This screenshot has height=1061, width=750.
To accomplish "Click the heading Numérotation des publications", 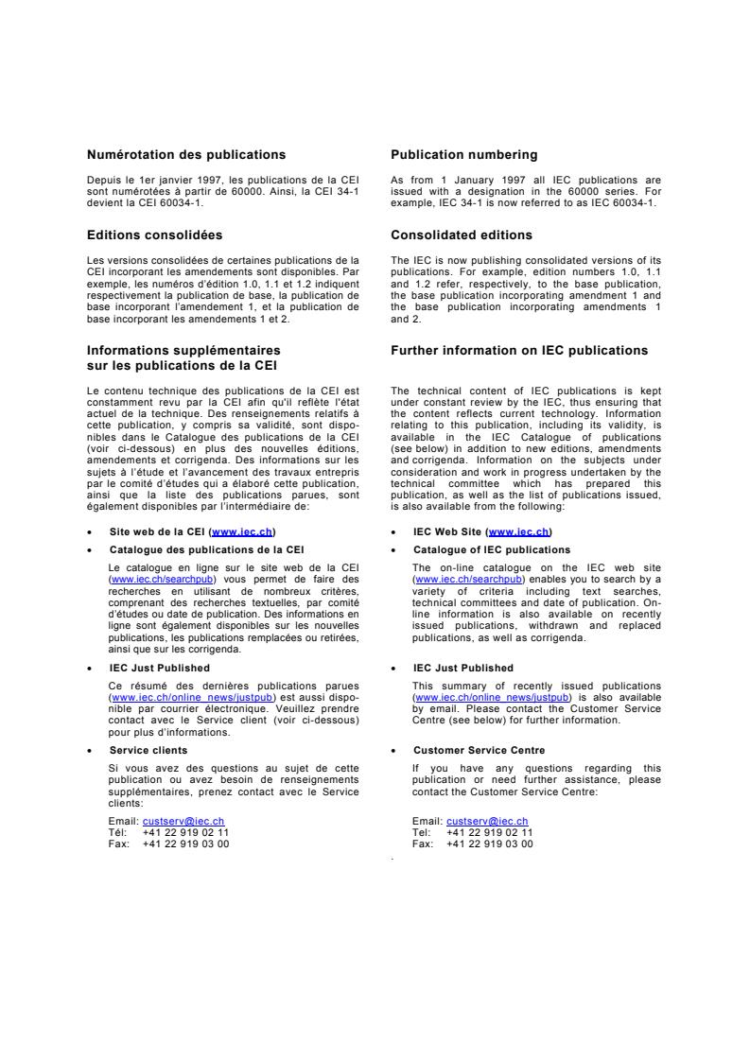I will [x=186, y=155].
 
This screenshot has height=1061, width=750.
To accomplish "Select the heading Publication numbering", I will [x=463, y=155].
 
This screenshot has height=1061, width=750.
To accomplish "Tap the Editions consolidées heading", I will [x=154, y=235].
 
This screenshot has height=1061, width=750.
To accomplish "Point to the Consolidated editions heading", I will [x=461, y=235].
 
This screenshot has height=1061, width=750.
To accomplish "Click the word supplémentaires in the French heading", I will [x=227, y=351].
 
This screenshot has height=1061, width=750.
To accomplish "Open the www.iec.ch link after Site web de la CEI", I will [x=243, y=531].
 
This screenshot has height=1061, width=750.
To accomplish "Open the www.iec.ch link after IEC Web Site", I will [x=518, y=531].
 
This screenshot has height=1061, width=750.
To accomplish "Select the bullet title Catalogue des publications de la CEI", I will [x=206, y=549].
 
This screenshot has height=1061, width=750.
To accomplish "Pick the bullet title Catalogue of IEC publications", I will [x=492, y=549].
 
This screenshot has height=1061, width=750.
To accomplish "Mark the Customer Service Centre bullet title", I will [x=479, y=750].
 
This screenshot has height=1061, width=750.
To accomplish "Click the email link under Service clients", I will [x=183, y=822].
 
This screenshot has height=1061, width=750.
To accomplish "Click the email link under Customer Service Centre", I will [x=487, y=822].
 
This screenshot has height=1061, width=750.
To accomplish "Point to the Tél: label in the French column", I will [x=119, y=832].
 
